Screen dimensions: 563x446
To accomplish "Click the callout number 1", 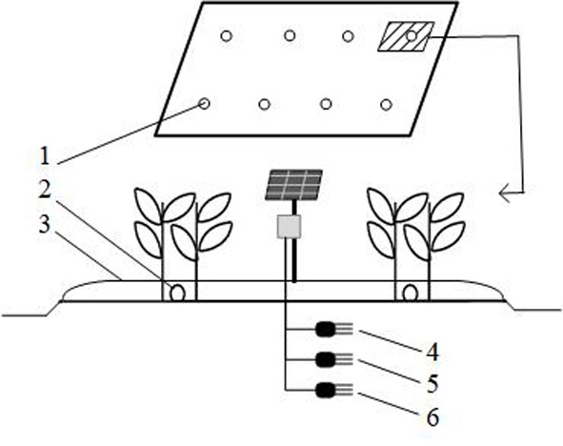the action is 44,157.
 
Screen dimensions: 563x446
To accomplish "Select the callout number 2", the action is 45,191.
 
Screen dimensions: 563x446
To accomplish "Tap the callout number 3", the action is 44,225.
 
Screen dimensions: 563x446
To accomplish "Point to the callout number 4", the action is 432,352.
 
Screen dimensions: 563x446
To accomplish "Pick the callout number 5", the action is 432,383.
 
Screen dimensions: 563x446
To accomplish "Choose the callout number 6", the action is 432,417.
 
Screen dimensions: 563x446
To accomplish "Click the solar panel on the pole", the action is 293,185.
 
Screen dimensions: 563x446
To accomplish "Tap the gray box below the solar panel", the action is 289,227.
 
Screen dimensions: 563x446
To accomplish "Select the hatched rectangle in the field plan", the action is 406,36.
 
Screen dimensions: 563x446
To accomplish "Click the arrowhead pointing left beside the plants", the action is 506,193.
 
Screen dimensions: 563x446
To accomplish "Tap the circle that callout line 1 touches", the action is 204,104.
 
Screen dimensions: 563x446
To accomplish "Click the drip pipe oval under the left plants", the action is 177,294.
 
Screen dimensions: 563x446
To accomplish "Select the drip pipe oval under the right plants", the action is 410,294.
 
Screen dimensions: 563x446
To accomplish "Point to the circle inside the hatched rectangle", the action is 412,36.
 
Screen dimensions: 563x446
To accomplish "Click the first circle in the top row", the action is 226,36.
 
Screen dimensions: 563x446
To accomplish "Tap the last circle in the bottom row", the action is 386,105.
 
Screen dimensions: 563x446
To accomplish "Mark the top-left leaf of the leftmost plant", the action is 148,205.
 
